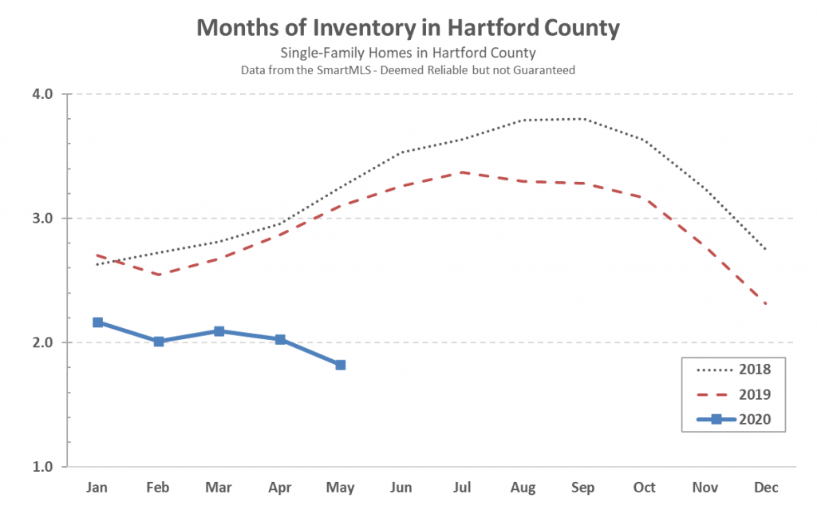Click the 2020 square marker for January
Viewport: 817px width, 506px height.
(x=97, y=322)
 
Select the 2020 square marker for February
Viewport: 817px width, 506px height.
(x=159, y=342)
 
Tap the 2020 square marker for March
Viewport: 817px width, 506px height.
(x=219, y=331)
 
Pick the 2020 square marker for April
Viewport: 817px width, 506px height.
(x=280, y=339)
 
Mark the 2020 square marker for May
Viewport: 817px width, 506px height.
(x=341, y=365)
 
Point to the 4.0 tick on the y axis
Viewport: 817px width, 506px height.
(x=42, y=94)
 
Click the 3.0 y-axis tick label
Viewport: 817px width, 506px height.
(x=42, y=218)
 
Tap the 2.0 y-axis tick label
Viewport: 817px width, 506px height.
(x=42, y=342)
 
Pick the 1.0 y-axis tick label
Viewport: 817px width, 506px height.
(x=42, y=466)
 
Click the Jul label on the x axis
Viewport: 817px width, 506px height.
(x=462, y=487)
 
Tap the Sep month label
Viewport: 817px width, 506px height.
(x=583, y=487)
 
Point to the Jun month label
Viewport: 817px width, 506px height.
(x=401, y=487)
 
